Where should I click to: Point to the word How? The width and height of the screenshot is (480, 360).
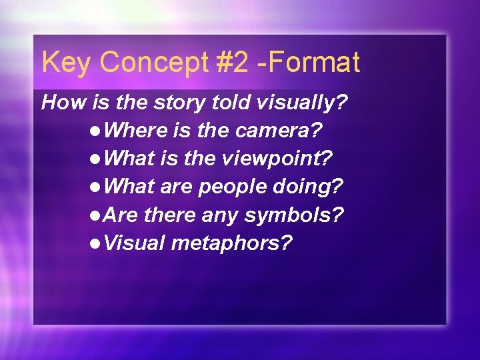click(x=59, y=103)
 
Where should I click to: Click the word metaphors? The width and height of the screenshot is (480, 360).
click(x=231, y=243)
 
